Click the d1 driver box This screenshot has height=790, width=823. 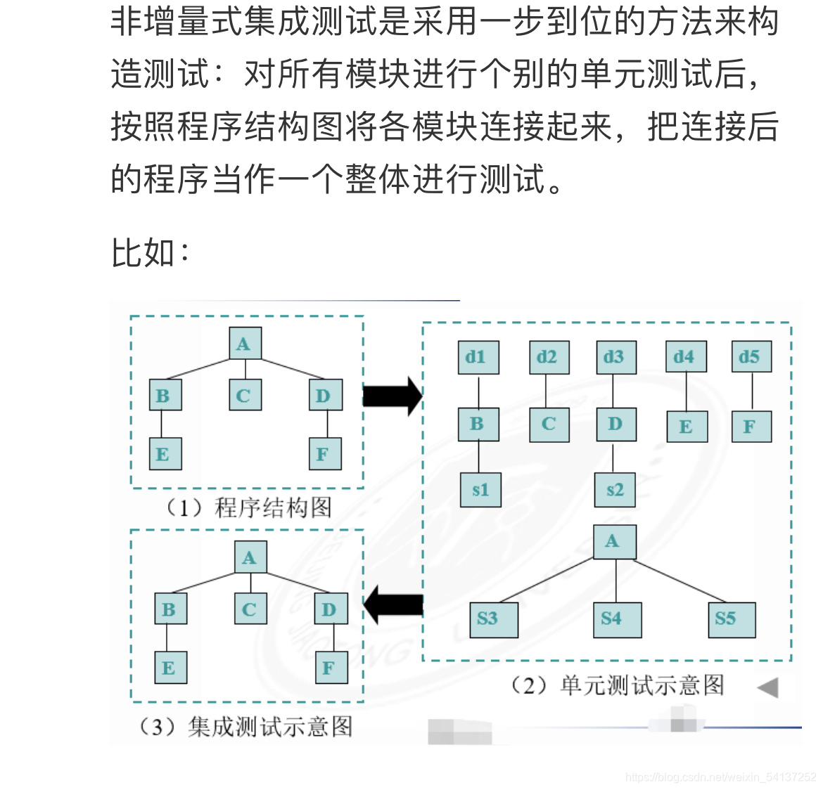pyautogui.click(x=478, y=358)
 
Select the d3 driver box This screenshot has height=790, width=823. pyautogui.click(x=615, y=358)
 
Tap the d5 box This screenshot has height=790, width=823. pyautogui.click(x=751, y=358)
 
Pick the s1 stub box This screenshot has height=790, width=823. pyautogui.click(x=481, y=490)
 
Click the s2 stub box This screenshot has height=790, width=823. pyautogui.click(x=615, y=490)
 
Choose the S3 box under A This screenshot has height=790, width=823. pyautogui.click(x=493, y=619)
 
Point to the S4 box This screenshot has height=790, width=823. pyautogui.click(x=616, y=619)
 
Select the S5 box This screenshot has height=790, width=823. pyautogui.click(x=731, y=619)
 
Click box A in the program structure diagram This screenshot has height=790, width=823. pyautogui.click(x=245, y=344)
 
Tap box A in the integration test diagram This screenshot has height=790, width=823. pyautogui.click(x=250, y=558)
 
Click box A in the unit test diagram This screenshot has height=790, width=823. pyautogui.click(x=615, y=541)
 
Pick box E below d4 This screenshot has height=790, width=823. pyautogui.click(x=687, y=427)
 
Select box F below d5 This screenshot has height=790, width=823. pyautogui.click(x=751, y=427)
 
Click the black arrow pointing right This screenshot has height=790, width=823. pyautogui.click(x=393, y=396)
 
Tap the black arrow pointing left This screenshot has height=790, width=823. pyautogui.click(x=394, y=604)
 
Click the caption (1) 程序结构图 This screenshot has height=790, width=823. pyautogui.click(x=248, y=507)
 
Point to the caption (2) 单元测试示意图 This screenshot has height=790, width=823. pyautogui.click(x=616, y=685)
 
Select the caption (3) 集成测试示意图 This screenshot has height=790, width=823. pyautogui.click(x=245, y=726)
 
